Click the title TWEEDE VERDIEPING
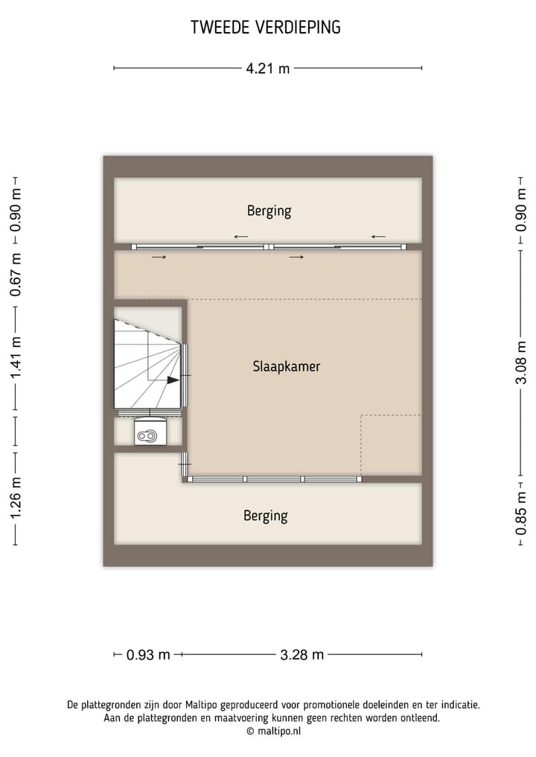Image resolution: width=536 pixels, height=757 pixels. pyautogui.click(x=266, y=28)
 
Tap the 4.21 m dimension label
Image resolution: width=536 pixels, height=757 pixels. pyautogui.click(x=268, y=68)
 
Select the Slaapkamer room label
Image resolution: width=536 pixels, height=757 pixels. pyautogui.click(x=287, y=366)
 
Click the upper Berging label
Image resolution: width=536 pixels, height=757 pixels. pyautogui.click(x=269, y=211)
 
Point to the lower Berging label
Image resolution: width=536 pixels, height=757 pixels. pyautogui.click(x=265, y=515)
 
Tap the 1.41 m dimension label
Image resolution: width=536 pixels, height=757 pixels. pyautogui.click(x=16, y=358)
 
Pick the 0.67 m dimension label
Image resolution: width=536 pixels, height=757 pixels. pyautogui.click(x=16, y=275)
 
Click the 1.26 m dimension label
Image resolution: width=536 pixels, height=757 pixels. pyautogui.click(x=16, y=496)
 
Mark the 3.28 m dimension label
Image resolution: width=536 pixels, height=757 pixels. pyautogui.click(x=301, y=655)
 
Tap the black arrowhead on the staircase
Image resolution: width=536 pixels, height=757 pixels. pyautogui.click(x=173, y=380)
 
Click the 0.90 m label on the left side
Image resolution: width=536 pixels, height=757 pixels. pyautogui.click(x=16, y=210)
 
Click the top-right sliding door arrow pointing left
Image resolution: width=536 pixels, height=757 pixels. pyautogui.click(x=378, y=237)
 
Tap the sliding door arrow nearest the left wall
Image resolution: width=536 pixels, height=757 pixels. pyautogui.click(x=158, y=258)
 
